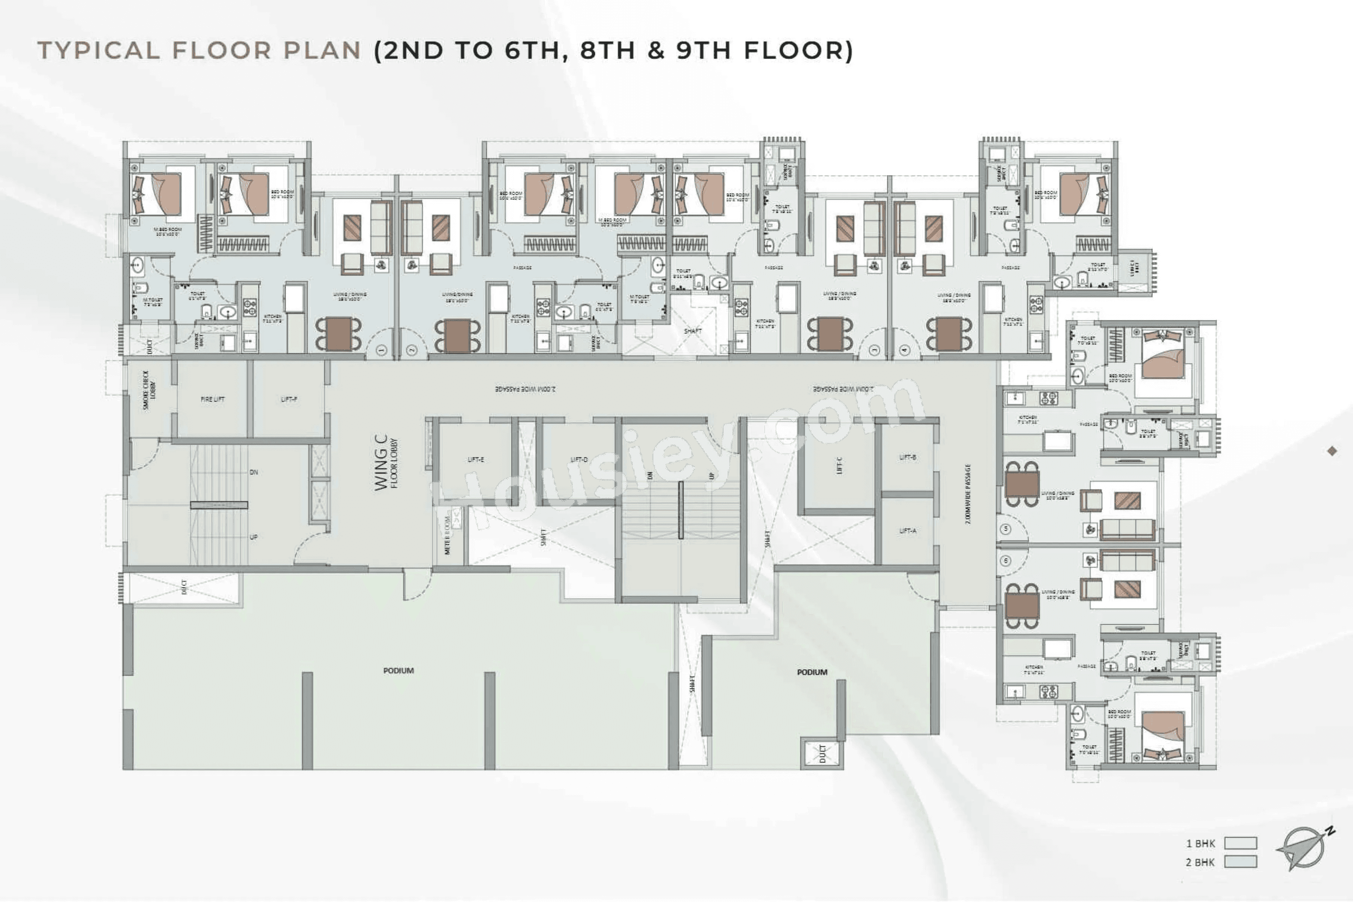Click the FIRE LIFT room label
pos(212,399)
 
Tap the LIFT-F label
pos(289,399)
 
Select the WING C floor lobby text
pos(386,463)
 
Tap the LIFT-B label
pos(907,457)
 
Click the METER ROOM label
pos(448,535)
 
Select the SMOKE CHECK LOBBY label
pos(148,390)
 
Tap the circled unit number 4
pos(904,350)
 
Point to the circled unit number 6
pos(1006,560)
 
